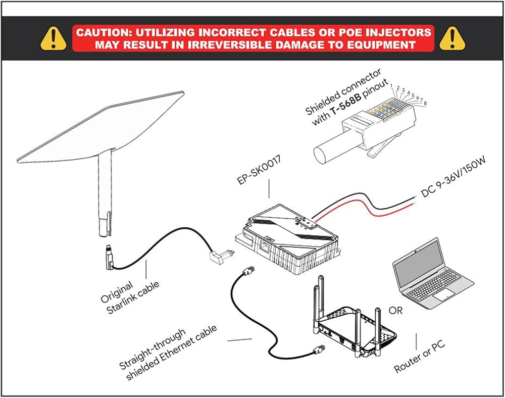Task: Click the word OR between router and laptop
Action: coord(396,310)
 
